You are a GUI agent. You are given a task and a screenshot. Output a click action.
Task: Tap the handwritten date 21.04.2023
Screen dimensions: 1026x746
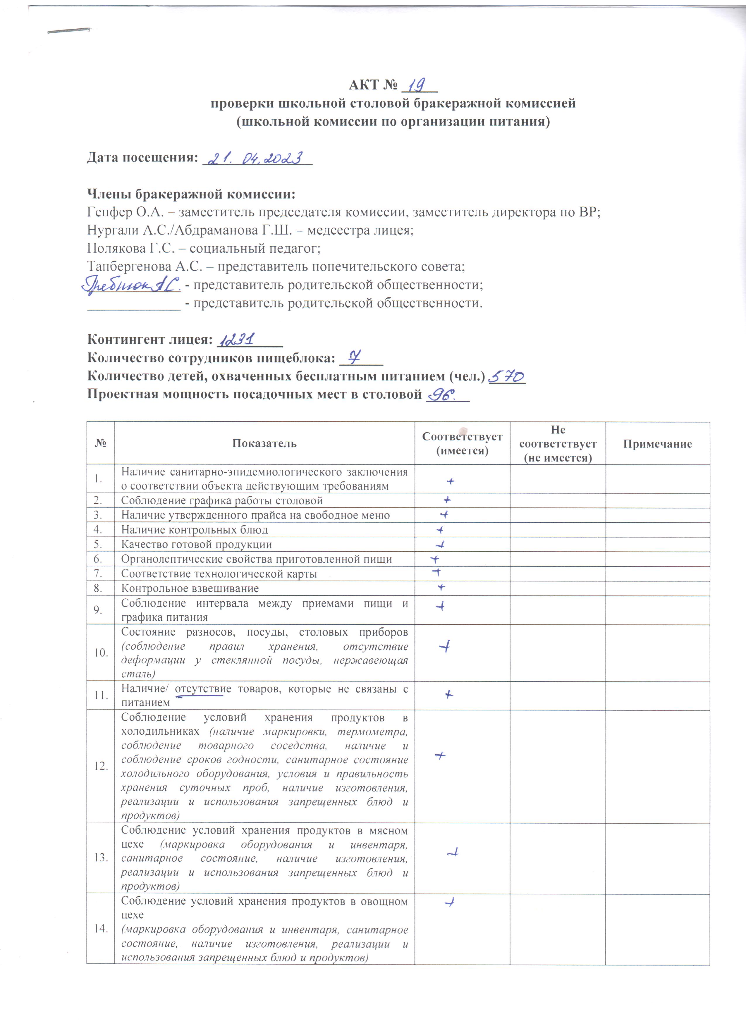point(254,158)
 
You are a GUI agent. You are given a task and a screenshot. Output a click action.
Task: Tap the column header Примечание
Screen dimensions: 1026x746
point(657,444)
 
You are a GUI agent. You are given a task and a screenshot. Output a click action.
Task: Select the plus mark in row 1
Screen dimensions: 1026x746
point(450,481)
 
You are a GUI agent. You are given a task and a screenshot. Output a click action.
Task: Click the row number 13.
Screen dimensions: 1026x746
point(100,857)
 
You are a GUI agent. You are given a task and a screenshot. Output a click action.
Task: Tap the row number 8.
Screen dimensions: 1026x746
point(98,588)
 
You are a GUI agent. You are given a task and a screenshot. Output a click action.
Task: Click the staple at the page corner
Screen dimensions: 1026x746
point(69,31)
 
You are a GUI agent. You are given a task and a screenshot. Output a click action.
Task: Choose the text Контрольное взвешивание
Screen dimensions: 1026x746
point(190,588)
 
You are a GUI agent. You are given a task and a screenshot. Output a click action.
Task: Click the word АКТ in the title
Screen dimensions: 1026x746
point(364,85)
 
